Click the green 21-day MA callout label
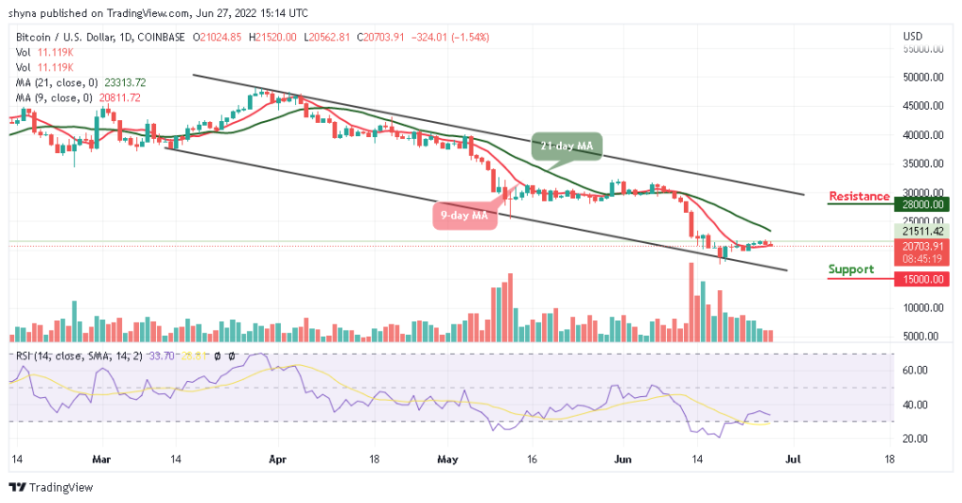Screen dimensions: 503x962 pyautogui.click(x=566, y=145)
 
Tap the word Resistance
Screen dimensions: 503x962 pyautogui.click(x=859, y=196)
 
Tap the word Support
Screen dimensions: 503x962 pyautogui.click(x=850, y=269)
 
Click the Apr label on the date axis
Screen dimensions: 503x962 pyautogui.click(x=277, y=461)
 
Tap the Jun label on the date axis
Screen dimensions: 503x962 pyautogui.click(x=621, y=461)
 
